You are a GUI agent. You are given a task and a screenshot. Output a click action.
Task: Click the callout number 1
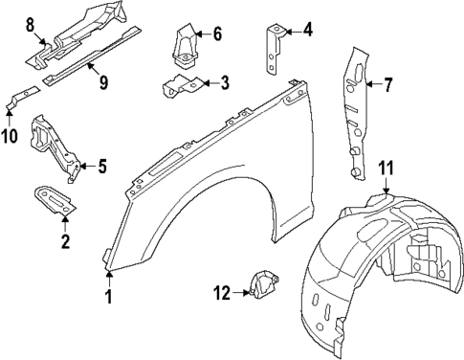pyautogui.click(x=109, y=297)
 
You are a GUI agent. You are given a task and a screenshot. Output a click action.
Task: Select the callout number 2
pyautogui.click(x=65, y=241)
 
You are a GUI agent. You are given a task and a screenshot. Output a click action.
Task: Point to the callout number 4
pyautogui.click(x=306, y=30)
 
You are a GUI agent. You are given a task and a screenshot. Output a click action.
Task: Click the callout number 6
pyautogui.click(x=216, y=34)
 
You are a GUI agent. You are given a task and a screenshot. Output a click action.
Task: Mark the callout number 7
pyautogui.click(x=388, y=85)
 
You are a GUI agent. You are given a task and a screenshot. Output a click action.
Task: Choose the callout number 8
pyautogui.click(x=30, y=23)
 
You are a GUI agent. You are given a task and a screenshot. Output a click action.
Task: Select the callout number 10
pyautogui.click(x=10, y=136)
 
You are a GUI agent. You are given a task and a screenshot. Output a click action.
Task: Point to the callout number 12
pyautogui.click(x=222, y=293)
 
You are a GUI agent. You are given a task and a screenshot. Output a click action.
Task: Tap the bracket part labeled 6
pyautogui.click(x=183, y=43)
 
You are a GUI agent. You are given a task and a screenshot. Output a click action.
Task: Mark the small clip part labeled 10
pyautogui.click(x=23, y=95)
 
